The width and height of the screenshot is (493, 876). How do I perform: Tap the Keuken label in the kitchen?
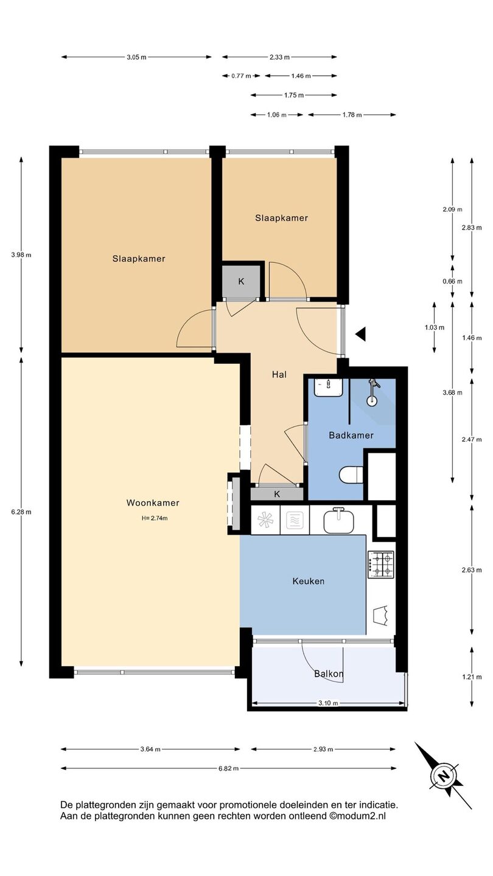click(309, 581)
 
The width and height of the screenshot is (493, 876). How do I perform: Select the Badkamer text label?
click(351, 436)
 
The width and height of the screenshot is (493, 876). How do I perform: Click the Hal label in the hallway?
click(279, 375)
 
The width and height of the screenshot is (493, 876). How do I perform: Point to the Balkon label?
click(329, 674)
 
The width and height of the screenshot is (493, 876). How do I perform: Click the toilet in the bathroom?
click(351, 475)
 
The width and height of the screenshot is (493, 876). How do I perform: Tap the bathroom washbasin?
click(329, 387)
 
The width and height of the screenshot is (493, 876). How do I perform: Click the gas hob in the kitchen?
click(381, 565)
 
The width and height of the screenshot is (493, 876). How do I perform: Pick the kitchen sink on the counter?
click(339, 521)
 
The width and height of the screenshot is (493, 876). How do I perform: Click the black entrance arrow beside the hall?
click(361, 334)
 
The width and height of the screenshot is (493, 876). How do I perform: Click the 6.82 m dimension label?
click(228, 768)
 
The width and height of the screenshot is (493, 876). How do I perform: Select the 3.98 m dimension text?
click(21, 255)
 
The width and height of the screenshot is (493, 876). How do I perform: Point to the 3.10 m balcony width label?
click(328, 703)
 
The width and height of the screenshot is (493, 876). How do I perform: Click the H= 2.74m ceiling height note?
click(155, 518)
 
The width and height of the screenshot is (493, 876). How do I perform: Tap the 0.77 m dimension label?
click(241, 76)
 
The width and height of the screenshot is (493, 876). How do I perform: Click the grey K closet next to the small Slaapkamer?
click(242, 282)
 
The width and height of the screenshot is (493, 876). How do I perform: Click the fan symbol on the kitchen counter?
click(265, 520)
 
